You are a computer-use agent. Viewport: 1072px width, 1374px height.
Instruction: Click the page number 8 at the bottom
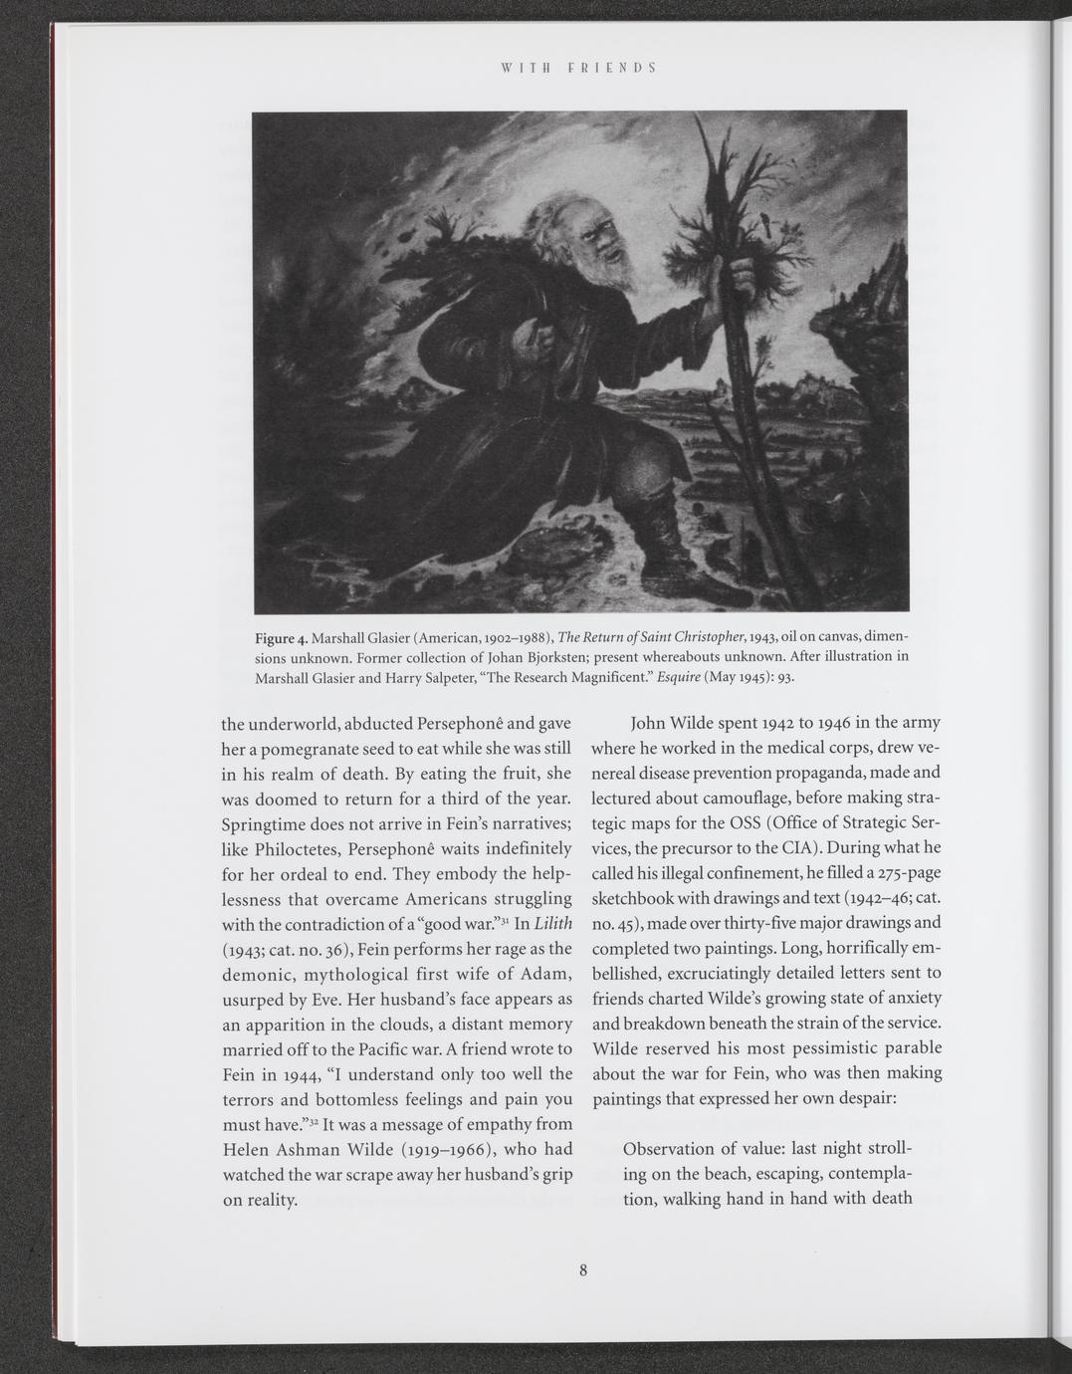click(583, 1269)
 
